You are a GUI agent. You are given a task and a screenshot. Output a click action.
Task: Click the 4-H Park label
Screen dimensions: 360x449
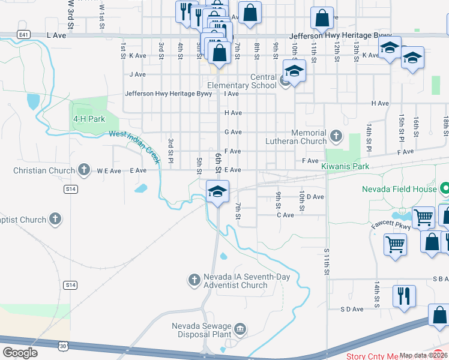pyautogui.click(x=89, y=119)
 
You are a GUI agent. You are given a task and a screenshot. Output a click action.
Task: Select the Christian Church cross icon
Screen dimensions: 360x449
pyautogui.click(x=85, y=170)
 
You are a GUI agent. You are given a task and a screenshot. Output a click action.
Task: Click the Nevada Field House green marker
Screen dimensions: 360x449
pyautogui.click(x=444, y=189)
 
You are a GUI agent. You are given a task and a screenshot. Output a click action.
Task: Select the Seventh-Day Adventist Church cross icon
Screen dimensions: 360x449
pyautogui.click(x=194, y=280)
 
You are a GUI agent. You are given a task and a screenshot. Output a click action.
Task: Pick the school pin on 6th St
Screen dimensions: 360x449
pyautogui.click(x=217, y=191)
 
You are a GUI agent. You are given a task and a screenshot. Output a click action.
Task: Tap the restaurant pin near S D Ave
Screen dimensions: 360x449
pyautogui.click(x=403, y=295)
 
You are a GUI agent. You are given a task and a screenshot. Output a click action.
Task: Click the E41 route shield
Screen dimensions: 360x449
pyautogui.click(x=24, y=35)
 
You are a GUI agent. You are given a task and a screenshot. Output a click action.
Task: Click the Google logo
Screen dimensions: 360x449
pyautogui.click(x=20, y=353)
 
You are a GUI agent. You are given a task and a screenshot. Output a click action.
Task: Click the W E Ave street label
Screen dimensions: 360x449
pyautogui.click(x=109, y=171)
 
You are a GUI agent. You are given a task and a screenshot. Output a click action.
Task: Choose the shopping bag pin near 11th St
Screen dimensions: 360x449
pyautogui.click(x=323, y=18)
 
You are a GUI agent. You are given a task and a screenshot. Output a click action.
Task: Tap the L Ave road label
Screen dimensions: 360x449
pyautogui.click(x=57, y=36)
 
